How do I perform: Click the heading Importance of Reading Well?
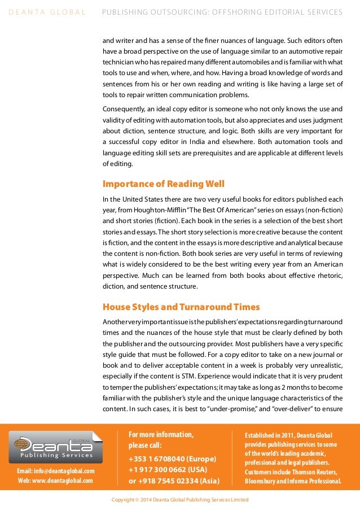click(x=163, y=184)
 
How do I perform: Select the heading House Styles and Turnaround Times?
click(x=181, y=307)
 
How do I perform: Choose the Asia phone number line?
click(x=174, y=481)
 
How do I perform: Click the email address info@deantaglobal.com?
click(x=55, y=471)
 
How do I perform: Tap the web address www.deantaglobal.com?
click(x=55, y=481)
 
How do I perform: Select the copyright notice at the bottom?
click(x=179, y=500)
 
